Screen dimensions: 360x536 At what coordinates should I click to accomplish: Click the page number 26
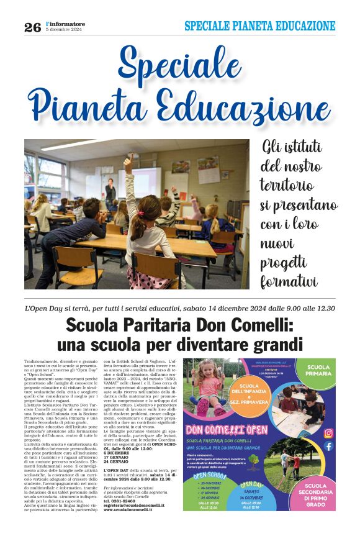(x=32, y=27)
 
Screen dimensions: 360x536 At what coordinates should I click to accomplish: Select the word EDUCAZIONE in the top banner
(x=300, y=26)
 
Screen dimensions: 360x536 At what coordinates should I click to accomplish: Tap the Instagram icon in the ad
(x=328, y=433)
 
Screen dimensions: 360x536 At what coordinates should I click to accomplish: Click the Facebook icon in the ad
(x=328, y=446)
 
